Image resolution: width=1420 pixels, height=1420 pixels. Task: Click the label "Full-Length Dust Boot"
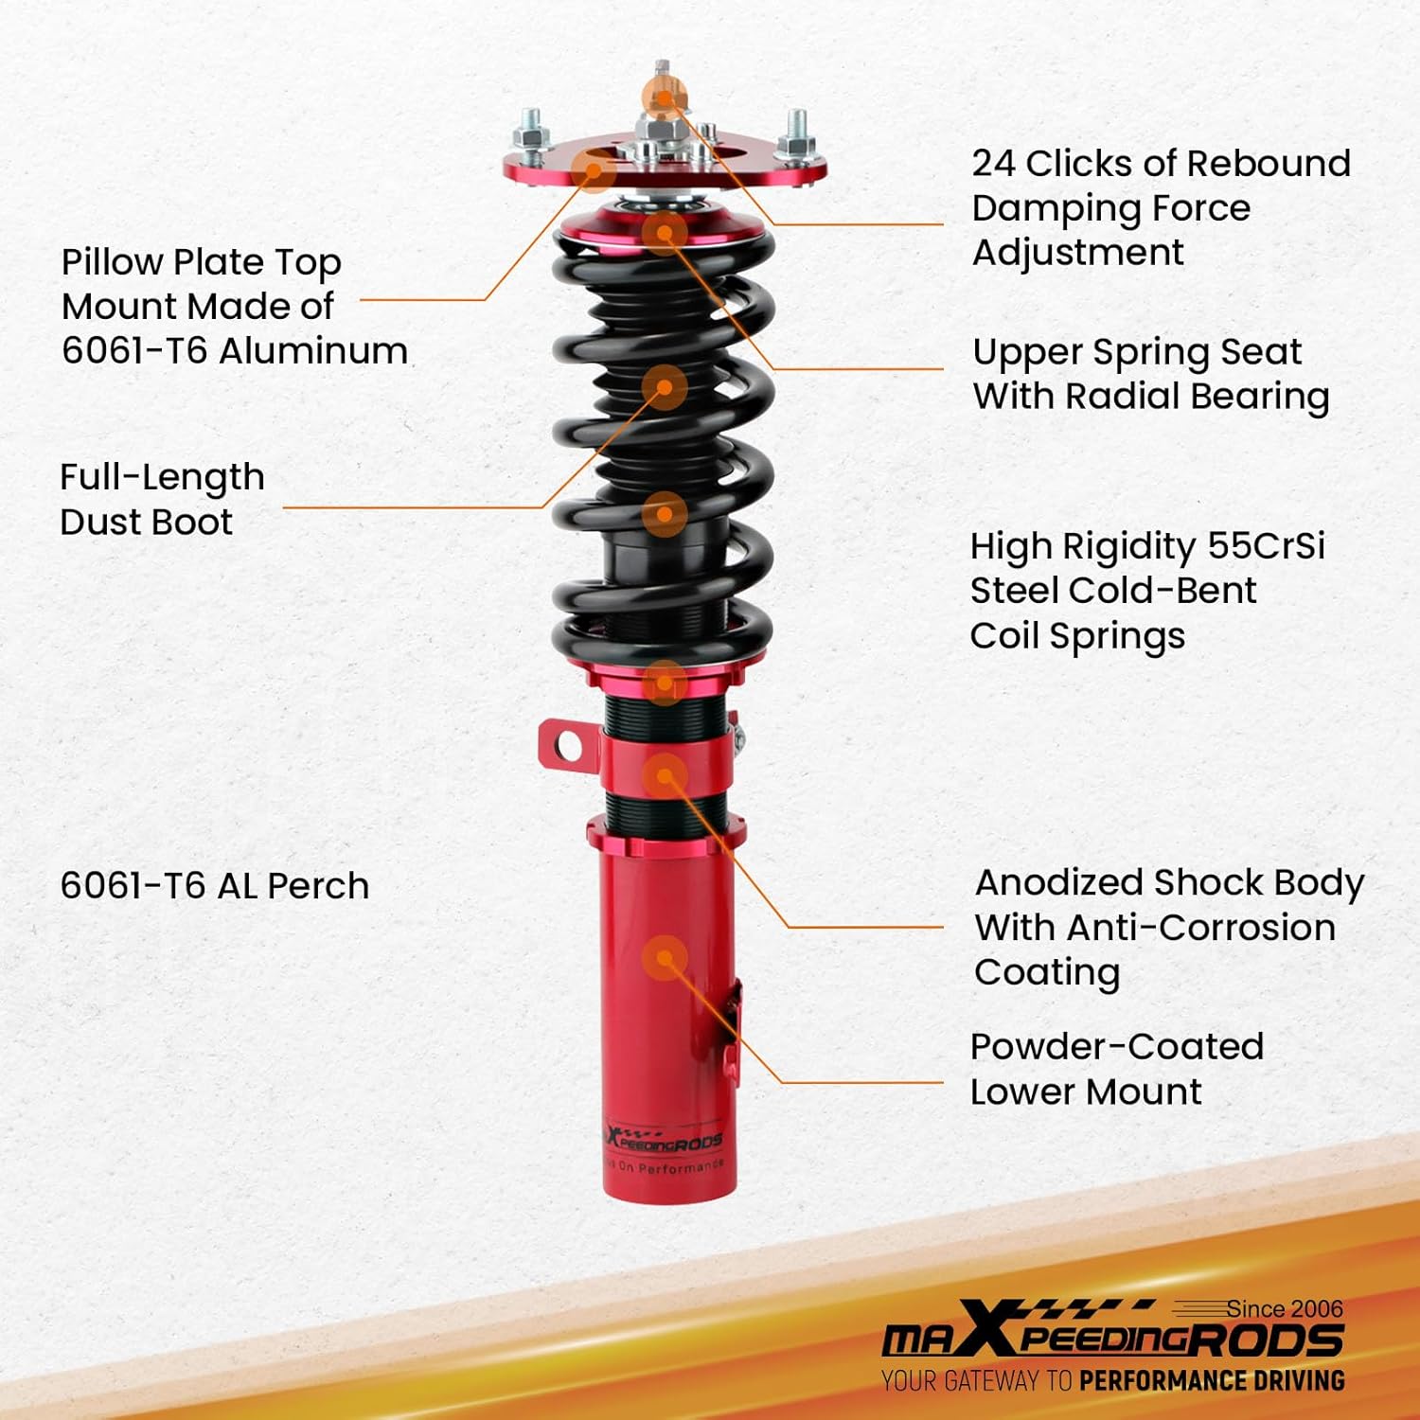pos(162,499)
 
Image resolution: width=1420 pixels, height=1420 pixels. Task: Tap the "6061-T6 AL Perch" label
pos(215,886)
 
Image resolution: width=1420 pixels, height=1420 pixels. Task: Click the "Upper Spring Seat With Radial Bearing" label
pos(1151,374)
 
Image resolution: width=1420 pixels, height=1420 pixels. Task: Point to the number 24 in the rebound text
pos(993,164)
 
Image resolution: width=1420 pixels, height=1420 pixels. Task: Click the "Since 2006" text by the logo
pos(1285,1308)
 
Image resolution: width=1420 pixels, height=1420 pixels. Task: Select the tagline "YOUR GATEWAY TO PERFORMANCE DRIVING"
pos(1112,1381)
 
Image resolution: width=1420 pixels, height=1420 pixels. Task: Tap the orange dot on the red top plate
pos(594,170)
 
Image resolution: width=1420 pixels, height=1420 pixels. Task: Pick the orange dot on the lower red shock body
pos(665,958)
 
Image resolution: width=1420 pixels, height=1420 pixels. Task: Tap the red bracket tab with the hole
pos(565,746)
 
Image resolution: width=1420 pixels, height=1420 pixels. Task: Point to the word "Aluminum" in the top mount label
pos(313,351)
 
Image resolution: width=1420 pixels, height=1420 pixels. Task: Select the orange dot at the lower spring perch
pos(665,682)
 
